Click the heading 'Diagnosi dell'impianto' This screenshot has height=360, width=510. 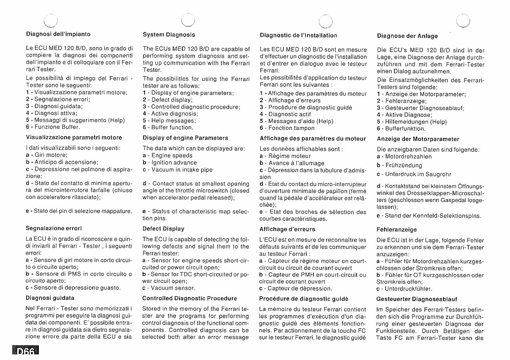pyautogui.click(x=58, y=34)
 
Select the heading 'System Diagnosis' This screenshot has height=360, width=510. pyautogui.click(x=169, y=35)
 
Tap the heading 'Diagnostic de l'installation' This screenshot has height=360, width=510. pyautogui.click(x=298, y=35)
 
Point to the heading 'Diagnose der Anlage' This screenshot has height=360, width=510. pyautogui.click(x=407, y=36)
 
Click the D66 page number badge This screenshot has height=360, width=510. pyautogui.click(x=24, y=352)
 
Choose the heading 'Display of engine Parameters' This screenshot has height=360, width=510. pyautogui.click(x=185, y=138)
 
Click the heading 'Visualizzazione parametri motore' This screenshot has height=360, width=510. pyautogui.click(x=74, y=137)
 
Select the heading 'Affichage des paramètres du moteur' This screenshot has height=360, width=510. pyautogui.click(x=313, y=139)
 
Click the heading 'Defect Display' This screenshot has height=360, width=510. pyautogui.click(x=163, y=229)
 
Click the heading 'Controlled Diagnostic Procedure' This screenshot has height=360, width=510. pyautogui.click(x=189, y=298)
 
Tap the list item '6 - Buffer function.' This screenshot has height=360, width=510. pyautogui.click(x=168, y=128)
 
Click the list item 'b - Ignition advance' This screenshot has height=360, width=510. pyautogui.click(x=170, y=163)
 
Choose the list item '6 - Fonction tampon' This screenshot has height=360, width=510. pyautogui.click(x=287, y=128)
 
